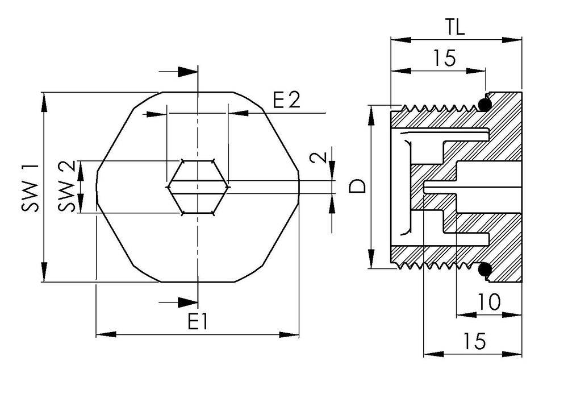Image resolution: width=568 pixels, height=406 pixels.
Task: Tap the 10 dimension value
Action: (488, 302)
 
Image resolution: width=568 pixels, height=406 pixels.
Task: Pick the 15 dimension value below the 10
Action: (473, 341)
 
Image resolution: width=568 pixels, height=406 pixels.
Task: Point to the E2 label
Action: (286, 101)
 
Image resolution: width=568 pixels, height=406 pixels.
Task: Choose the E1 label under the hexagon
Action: (197, 322)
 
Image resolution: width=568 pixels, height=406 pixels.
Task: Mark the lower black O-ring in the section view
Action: (485, 269)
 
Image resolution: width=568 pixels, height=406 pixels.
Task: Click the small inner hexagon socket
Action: (198, 187)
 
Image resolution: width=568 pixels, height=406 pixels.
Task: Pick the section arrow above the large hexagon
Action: (187, 72)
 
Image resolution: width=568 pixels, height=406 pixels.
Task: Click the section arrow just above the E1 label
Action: (187, 301)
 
